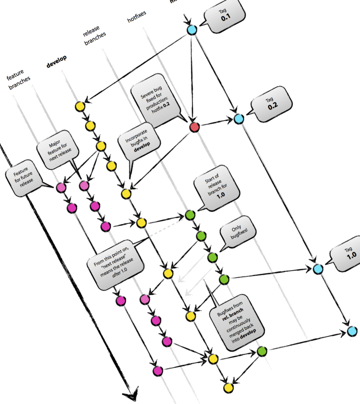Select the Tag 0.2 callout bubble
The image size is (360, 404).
click(x=271, y=105)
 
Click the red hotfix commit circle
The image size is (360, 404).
click(x=194, y=127)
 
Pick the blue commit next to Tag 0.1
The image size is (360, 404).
click(x=192, y=30)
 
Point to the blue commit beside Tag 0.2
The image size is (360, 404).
click(x=239, y=119)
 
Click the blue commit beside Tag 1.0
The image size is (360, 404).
click(x=318, y=268)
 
